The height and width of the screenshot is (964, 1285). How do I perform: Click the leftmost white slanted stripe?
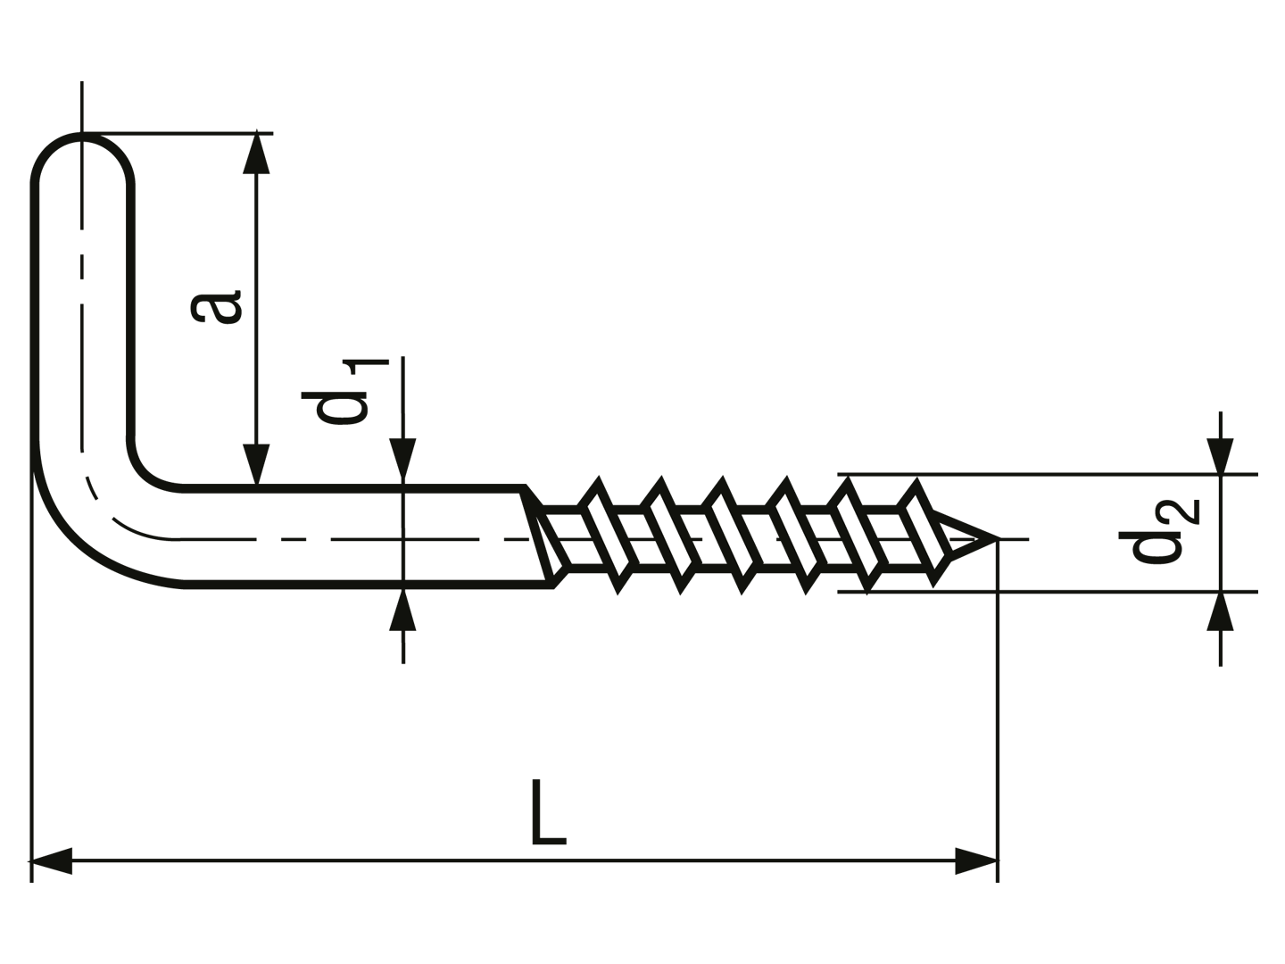[608, 535]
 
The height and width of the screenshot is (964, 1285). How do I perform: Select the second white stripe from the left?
[671, 535]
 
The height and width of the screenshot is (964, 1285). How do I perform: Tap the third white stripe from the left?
[732, 535]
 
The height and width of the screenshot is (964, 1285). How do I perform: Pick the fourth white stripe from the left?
[796, 535]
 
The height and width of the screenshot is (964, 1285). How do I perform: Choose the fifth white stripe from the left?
[858, 535]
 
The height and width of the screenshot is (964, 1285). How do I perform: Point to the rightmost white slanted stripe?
[925, 532]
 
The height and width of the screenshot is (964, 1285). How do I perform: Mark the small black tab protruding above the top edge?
[82, 82]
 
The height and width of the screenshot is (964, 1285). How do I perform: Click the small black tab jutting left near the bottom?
[25, 860]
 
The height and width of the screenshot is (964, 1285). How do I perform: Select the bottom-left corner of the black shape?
[31, 882]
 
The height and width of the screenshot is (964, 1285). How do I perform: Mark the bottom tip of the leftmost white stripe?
[621, 573]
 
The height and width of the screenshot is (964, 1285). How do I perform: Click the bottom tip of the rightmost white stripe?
[937, 566]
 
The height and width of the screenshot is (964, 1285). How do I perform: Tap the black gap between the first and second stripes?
[640, 535]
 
